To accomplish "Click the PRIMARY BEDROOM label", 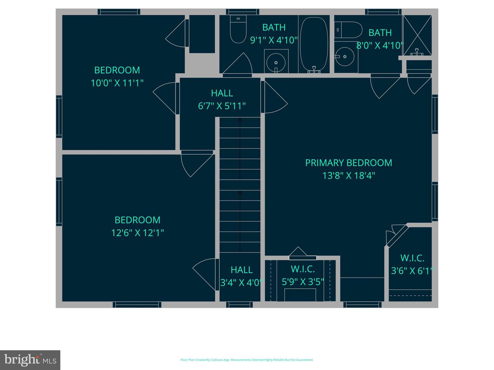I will [349, 163].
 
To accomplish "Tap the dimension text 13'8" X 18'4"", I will [349, 176].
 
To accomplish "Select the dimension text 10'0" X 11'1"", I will [117, 83].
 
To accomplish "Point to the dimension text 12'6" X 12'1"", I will [138, 233].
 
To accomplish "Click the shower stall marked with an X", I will [417, 35].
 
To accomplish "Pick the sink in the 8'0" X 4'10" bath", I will [344, 57].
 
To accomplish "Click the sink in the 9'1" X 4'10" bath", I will [276, 62].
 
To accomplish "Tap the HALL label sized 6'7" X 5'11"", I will [222, 93].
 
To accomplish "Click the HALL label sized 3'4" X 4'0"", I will [242, 270].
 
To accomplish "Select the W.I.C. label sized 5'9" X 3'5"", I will [303, 269].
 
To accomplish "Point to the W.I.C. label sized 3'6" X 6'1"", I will [412, 258].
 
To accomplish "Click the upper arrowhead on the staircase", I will [240, 120].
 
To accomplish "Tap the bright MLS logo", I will [30, 360].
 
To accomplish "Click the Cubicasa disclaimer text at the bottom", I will [247, 360].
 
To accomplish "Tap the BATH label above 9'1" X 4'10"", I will [274, 27].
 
